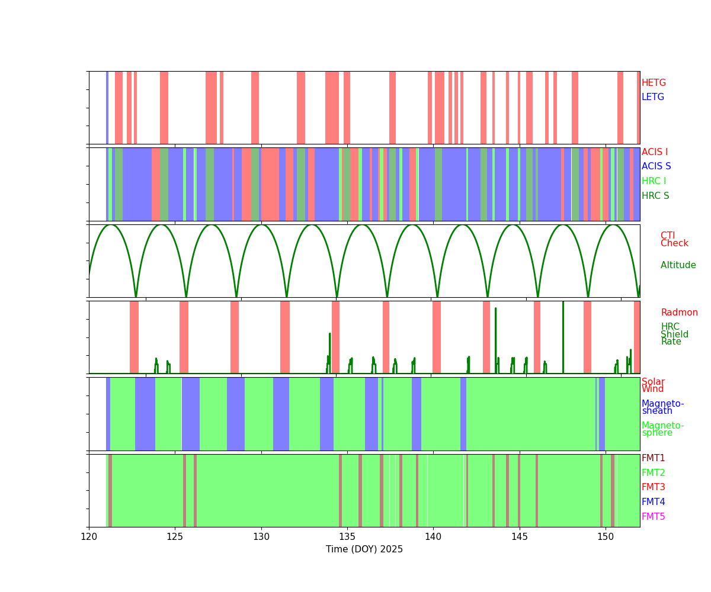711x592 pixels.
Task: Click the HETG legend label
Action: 654,83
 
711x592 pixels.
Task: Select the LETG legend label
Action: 653,97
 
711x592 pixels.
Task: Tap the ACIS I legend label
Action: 655,152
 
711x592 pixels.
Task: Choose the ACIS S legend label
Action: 656,166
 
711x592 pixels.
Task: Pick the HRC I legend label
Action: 654,181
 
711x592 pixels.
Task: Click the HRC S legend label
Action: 655,196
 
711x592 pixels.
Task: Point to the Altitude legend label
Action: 678,265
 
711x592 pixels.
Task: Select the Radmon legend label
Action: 679,313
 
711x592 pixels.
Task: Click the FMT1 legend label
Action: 653,458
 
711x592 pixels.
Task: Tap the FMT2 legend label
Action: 653,473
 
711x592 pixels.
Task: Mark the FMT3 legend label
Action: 653,487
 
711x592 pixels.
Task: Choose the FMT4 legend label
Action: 653,502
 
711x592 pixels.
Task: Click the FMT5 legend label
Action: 653,517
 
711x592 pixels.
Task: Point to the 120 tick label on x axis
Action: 89,537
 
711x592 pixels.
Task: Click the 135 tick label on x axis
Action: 347,537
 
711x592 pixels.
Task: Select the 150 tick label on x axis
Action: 605,537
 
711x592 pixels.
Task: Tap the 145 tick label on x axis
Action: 519,537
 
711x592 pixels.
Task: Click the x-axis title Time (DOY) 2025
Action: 364,549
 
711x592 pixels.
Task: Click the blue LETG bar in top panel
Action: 107,107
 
